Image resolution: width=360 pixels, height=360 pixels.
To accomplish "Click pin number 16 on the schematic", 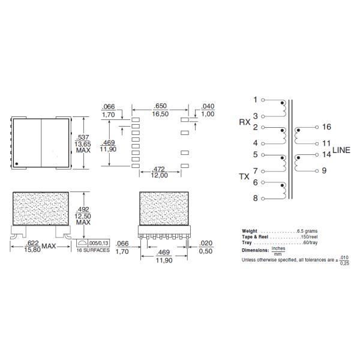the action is coord(326,127).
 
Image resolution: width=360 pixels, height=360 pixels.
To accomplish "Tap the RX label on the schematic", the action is coord(245,122).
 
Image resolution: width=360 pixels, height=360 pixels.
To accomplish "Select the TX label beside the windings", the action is coord(244,176).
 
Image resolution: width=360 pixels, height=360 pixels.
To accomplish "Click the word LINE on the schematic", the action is coord(341,150).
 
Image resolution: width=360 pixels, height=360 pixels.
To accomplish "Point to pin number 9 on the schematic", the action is coord(324,170).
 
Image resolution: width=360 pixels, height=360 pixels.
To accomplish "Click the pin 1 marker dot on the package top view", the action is coord(17,164).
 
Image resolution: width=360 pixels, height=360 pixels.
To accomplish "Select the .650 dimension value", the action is coord(160,106).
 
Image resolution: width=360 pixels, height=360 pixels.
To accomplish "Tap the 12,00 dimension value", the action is coord(160,175).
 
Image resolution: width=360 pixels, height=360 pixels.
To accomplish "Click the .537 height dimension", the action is coord(83,137).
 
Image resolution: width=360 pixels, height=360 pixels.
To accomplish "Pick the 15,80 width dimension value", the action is coord(32,250).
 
